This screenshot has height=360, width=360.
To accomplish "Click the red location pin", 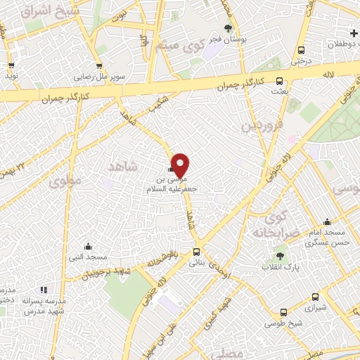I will point(181,164).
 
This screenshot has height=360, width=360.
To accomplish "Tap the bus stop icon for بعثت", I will point(279,81).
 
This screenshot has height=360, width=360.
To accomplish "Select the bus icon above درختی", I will point(302,50).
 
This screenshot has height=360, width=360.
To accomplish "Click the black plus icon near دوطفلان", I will point(354,33).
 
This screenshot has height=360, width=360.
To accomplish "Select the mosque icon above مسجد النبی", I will point(88,246).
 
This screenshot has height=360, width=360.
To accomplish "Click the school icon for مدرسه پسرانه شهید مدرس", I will point(44,289).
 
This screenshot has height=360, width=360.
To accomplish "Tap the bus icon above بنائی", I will point(196,252).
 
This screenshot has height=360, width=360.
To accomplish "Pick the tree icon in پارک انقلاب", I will point(281,257).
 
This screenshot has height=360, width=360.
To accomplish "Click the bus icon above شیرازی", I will point(314,297).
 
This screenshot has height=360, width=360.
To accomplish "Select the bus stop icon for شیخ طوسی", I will point(283,312).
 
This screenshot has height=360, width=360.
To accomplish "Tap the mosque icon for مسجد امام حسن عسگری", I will point(326,222).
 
